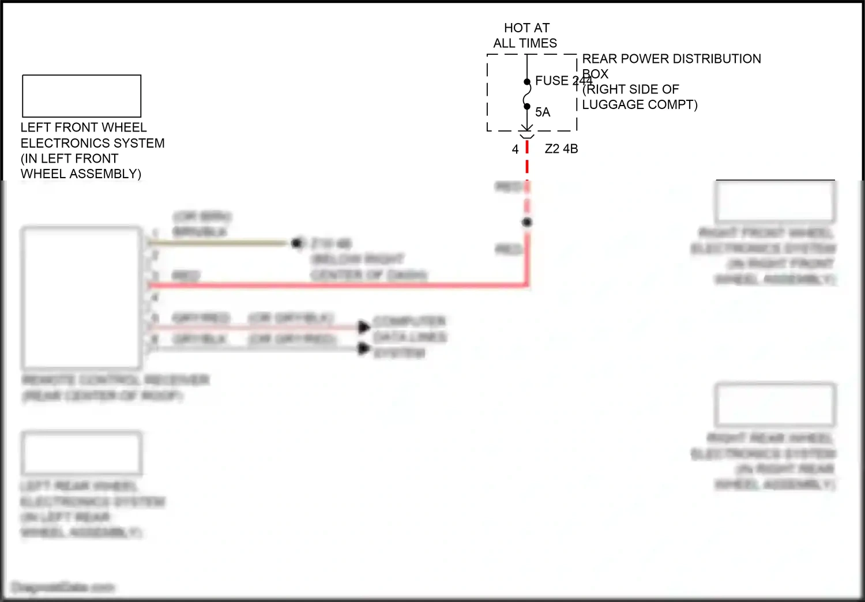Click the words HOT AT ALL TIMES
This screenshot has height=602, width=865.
coord(525,35)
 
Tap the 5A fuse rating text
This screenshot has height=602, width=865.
coord(543,112)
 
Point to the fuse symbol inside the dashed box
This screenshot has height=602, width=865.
coord(526,94)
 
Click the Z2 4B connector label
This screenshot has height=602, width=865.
coord(561,149)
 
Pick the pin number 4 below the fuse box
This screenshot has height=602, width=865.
coord(515,149)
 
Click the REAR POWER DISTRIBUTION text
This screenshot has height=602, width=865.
coord(671,59)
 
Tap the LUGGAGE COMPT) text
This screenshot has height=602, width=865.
coord(640,105)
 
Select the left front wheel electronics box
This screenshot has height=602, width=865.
coord(81,96)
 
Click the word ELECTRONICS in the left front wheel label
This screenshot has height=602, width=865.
coord(68,143)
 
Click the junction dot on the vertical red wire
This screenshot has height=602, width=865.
coord(526,222)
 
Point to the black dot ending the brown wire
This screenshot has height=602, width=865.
coord(296,243)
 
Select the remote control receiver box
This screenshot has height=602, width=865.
coord(81,298)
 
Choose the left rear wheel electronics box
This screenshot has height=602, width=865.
coord(81,453)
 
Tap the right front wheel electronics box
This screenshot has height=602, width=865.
coord(775,202)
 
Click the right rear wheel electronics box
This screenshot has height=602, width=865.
coord(775,405)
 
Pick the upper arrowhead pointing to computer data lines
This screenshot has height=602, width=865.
coord(363,327)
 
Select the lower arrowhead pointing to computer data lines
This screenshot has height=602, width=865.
coord(363,348)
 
